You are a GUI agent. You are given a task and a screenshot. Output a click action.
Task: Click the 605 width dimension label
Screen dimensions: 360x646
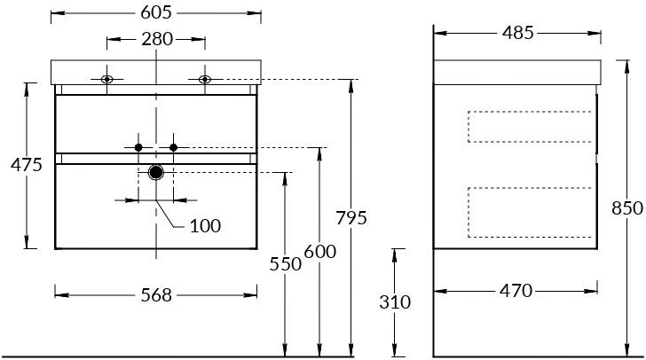coord(155,12)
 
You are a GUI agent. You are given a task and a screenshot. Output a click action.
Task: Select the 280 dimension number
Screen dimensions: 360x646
coord(156,38)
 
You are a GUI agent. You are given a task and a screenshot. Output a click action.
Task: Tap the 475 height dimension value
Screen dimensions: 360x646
coord(27,165)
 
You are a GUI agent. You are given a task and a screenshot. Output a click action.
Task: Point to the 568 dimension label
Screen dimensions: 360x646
coord(155,295)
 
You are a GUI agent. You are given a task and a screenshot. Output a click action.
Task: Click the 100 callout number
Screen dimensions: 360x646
coord(205,226)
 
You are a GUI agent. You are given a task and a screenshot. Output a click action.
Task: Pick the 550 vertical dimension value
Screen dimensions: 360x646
coord(286,263)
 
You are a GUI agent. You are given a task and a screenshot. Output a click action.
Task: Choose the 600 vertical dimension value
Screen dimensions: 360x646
coord(319,252)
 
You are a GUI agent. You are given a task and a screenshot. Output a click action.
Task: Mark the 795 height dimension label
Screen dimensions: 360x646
coord(351,218)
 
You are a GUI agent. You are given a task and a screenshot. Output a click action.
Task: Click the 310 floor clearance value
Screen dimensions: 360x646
coord(395,301)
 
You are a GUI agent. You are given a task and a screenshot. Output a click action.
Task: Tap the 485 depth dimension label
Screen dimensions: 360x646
coord(517,33)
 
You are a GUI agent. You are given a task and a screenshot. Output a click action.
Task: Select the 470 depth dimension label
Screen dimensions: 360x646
coord(515,290)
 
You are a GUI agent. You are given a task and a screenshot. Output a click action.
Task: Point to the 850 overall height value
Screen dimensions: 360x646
coord(627,209)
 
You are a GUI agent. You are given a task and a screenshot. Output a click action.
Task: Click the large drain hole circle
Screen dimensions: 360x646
coord(156,173)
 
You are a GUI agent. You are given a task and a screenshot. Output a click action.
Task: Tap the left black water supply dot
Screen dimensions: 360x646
coord(138,146)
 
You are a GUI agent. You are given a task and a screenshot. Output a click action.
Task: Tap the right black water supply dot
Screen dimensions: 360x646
coord(174,146)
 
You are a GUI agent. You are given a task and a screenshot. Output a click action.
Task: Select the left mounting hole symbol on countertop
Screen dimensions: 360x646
coord(106,80)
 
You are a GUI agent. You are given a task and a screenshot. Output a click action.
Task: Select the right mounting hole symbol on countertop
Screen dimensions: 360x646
coord(205,80)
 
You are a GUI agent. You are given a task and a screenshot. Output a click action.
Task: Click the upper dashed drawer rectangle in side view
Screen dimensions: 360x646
coord(530,126)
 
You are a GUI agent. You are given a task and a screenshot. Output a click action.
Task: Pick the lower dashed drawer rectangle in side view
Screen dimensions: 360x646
coord(530,213)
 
